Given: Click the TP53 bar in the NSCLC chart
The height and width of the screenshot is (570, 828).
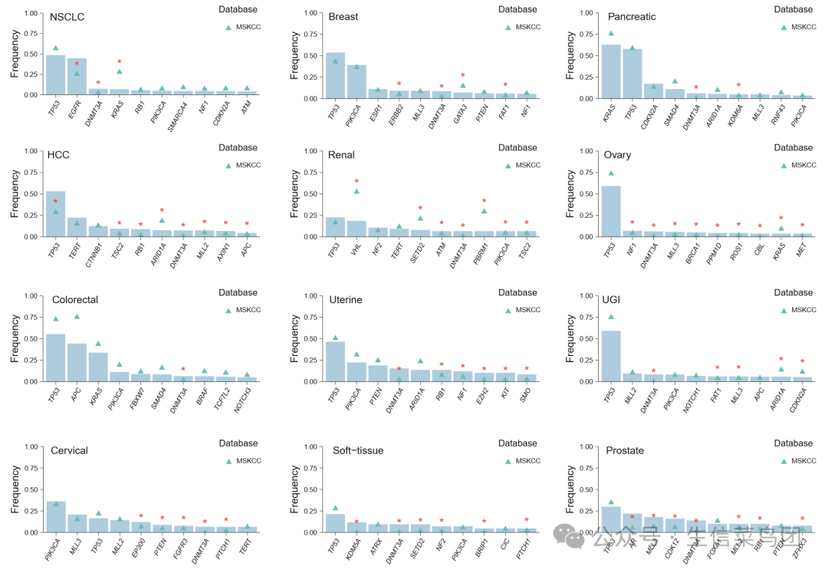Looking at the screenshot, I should point(55,75).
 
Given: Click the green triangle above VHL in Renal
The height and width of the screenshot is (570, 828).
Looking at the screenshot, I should point(356,191).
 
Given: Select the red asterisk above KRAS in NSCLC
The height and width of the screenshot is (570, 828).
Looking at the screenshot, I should point(120,62).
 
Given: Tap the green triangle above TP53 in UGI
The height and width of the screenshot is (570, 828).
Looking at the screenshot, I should point(611,317).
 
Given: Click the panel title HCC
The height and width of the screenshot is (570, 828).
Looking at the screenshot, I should point(58,155).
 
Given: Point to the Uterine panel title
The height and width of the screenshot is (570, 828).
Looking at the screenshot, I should point(345,299).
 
